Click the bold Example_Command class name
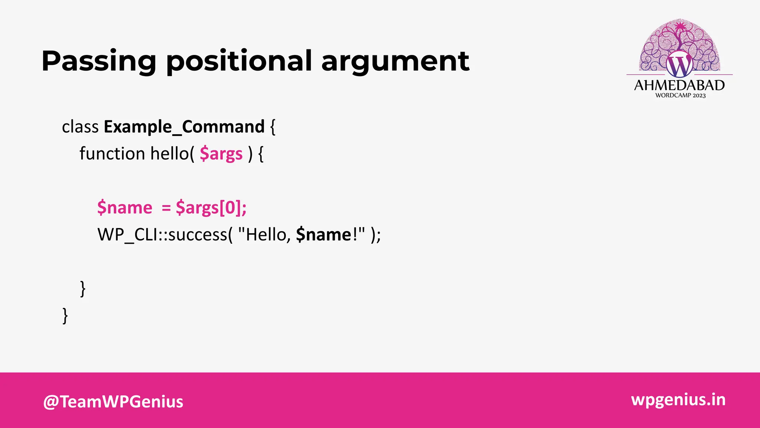pyautogui.click(x=184, y=127)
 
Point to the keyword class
pyautogui.click(x=80, y=127)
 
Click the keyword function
pyautogui.click(x=112, y=154)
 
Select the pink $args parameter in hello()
pyautogui.click(x=221, y=154)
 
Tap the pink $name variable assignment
pyautogui.click(x=125, y=208)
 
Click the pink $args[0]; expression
pyautogui.click(x=211, y=208)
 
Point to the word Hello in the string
pyautogui.click(x=266, y=235)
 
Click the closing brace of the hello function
pyautogui.click(x=83, y=289)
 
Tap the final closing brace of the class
pyautogui.click(x=65, y=316)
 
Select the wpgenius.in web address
pyautogui.click(x=678, y=400)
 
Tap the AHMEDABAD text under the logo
pyautogui.click(x=679, y=85)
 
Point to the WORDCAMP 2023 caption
pyautogui.click(x=680, y=95)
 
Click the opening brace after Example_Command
pyautogui.click(x=273, y=127)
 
